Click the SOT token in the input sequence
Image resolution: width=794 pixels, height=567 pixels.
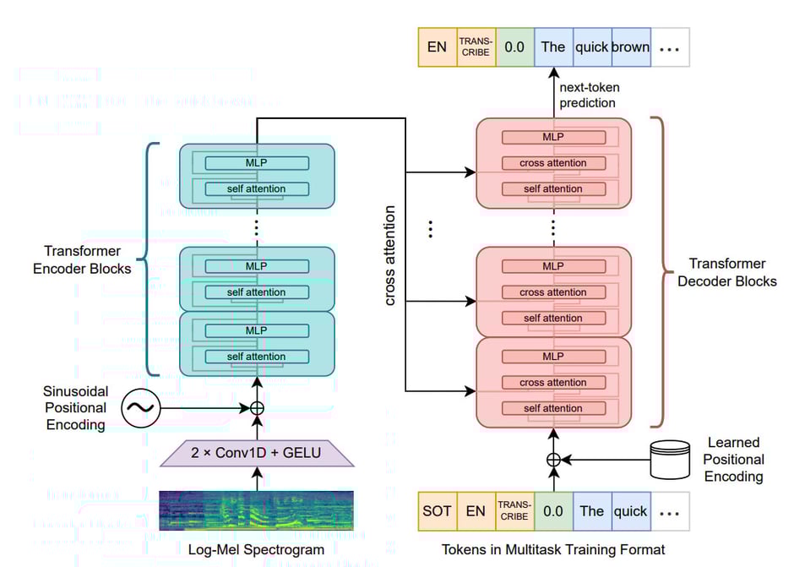tap(437, 510)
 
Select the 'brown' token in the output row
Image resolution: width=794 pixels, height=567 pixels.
tap(630, 46)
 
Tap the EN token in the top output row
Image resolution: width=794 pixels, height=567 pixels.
tap(437, 46)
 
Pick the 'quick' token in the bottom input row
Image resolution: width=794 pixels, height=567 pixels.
tap(630, 510)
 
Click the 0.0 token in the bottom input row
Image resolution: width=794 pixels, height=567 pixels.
tap(553, 510)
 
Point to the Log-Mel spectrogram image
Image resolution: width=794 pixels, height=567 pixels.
tap(256, 510)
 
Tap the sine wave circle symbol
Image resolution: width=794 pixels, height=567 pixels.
tap(139, 409)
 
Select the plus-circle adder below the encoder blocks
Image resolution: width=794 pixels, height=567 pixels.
tap(256, 409)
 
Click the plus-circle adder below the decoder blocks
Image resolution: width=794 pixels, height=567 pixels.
tap(553, 461)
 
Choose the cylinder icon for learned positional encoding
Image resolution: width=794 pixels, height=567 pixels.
tap(671, 461)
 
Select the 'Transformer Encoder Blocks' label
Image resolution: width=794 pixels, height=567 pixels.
tap(88, 259)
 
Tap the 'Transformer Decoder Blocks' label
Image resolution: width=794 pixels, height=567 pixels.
tap(726, 272)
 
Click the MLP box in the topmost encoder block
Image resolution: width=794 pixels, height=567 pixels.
tap(256, 163)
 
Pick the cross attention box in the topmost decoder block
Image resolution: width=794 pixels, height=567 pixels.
tap(553, 163)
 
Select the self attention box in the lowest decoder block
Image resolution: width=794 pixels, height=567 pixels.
tap(553, 408)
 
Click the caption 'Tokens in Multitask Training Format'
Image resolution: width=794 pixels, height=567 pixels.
tap(553, 549)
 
